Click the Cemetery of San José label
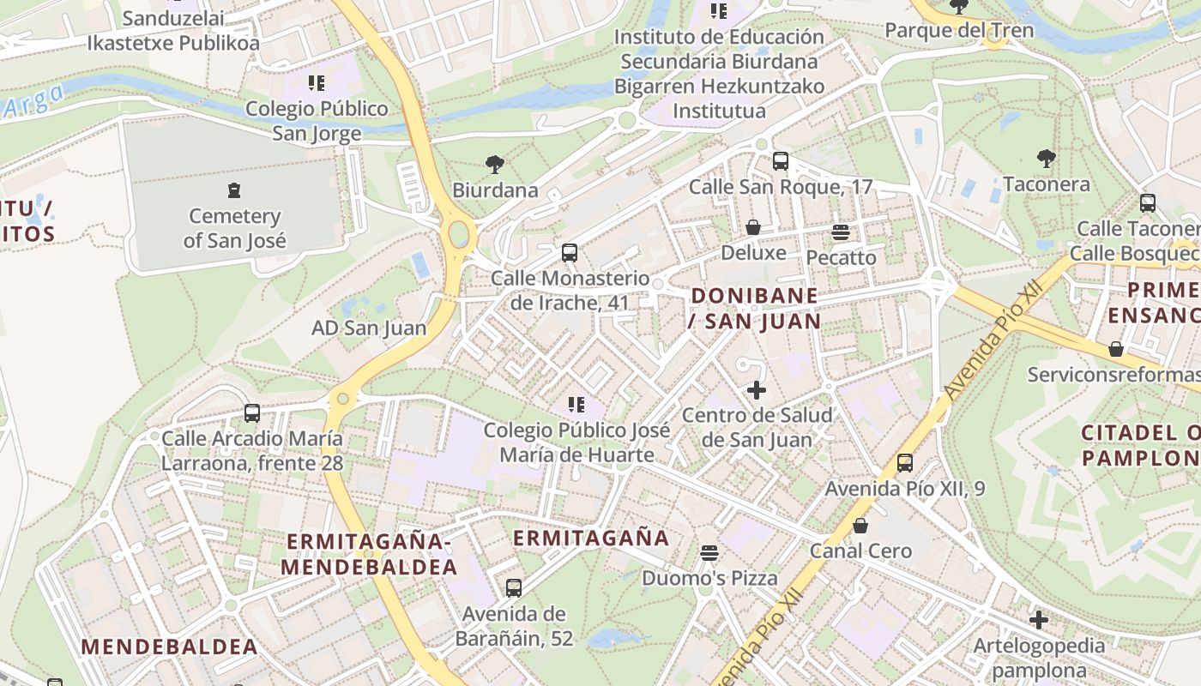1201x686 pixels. coord(234,228)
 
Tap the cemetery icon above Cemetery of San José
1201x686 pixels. coord(234,190)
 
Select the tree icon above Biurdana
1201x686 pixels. coord(494,164)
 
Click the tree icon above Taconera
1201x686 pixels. coord(1046,158)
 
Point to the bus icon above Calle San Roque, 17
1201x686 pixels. coord(780,160)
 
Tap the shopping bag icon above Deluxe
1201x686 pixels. coord(753,227)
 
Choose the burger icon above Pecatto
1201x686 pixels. coord(840,232)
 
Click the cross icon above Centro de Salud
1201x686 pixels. coord(756,390)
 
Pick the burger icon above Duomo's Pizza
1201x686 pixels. coord(709,552)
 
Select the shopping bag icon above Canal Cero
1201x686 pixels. coord(860,525)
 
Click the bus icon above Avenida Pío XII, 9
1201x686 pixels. coord(904,463)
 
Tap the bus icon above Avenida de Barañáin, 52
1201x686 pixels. coord(513,588)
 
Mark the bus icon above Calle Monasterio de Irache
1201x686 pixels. coord(569,253)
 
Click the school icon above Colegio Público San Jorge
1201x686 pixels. coord(317,83)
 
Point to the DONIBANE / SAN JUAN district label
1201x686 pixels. coord(755,308)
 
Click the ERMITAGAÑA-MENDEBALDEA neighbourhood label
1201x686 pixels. coord(369,554)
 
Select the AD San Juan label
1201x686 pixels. coord(369,328)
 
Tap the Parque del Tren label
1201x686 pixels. coord(958,31)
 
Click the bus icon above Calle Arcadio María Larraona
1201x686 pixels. coord(251,412)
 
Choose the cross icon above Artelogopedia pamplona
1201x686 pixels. coord(1039,619)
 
